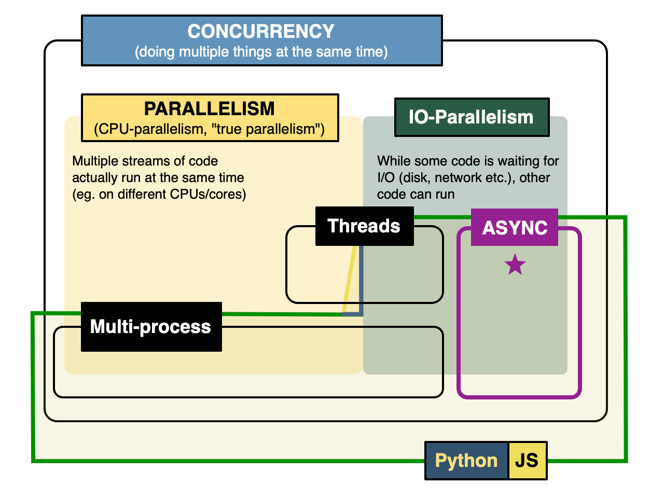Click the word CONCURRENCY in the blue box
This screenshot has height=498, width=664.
(261, 32)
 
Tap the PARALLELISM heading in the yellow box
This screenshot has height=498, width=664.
(209, 109)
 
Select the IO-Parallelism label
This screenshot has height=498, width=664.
(471, 117)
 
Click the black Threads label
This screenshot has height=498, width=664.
(364, 226)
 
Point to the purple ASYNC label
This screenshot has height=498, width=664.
(515, 228)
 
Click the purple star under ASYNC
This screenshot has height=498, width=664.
(515, 265)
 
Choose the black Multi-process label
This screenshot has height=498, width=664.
(150, 327)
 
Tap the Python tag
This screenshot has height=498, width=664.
(466, 461)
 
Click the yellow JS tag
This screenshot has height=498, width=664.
(527, 461)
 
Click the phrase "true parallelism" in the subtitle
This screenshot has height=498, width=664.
(268, 129)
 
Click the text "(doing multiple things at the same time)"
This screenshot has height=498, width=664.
(261, 52)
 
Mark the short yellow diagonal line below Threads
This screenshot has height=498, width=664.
(350, 279)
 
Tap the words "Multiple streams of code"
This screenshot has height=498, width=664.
(145, 161)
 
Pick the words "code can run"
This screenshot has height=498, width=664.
(416, 195)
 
